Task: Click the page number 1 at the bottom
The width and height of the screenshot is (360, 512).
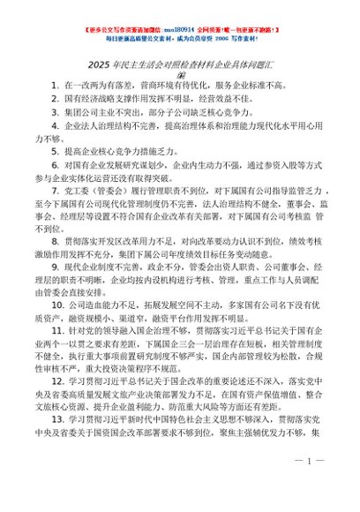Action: coord(311,486)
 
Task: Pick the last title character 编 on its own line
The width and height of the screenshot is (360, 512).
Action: coord(180,73)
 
